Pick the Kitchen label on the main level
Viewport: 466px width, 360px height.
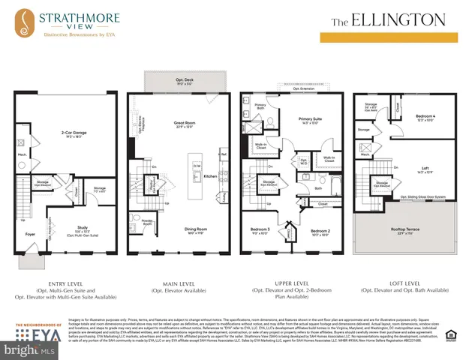pos(210,176)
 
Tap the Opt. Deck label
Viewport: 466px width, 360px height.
pos(175,80)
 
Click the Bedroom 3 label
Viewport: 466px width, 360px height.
pos(262,231)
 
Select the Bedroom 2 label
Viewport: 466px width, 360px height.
pos(321,231)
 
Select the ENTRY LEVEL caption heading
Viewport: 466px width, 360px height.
pos(60,283)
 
